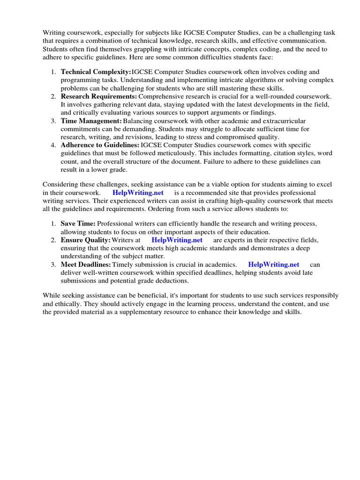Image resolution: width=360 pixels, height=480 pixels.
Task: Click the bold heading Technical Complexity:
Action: (96, 72)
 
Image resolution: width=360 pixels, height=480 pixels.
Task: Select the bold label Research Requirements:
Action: (98, 96)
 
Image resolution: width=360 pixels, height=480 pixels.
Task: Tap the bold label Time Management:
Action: (91, 121)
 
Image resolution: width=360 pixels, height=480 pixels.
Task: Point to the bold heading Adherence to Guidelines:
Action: (100, 145)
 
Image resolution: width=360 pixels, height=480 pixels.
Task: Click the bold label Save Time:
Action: (78, 224)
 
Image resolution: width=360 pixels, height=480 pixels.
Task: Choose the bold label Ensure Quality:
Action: (85, 240)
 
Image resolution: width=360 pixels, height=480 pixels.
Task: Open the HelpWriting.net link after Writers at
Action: (177, 240)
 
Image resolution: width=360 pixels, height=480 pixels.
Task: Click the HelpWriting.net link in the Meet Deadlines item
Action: (273, 264)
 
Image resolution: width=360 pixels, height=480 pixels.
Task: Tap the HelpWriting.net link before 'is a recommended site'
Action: (138, 193)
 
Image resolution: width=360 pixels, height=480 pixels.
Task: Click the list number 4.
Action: (53, 145)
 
